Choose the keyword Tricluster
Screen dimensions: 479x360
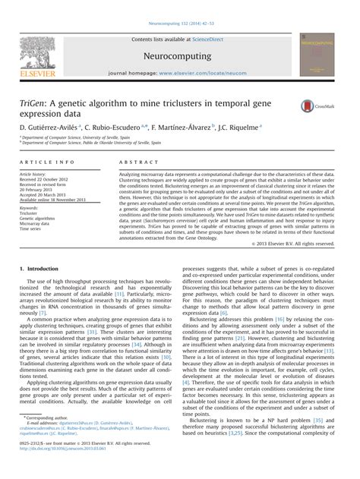[30, 212]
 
